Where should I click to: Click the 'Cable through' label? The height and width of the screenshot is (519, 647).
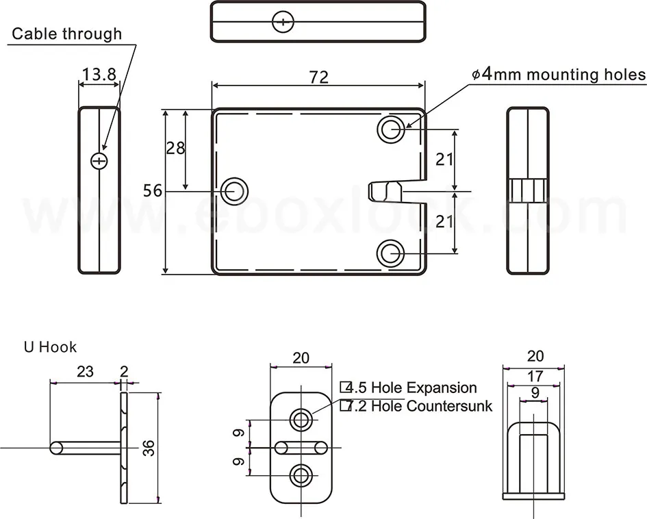coord(67,34)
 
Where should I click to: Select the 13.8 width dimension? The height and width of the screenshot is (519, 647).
coord(99,75)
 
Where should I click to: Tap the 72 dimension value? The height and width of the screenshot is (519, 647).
coord(318,77)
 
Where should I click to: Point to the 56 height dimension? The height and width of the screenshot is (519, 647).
coord(153,190)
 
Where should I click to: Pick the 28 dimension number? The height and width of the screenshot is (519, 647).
coord(176,147)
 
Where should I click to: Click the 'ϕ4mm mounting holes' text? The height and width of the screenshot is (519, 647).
coord(559,74)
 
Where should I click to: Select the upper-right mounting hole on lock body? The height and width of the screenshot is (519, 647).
coord(391,129)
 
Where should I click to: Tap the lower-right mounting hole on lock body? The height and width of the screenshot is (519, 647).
coord(391,253)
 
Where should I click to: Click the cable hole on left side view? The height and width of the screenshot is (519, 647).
coord(100,160)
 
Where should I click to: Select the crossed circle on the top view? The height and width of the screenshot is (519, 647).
coord(282,22)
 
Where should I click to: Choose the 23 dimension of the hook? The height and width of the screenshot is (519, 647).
coord(84,372)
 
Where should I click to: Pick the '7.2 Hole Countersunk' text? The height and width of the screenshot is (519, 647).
coord(416,406)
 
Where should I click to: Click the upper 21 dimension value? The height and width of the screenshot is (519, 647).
coord(445,159)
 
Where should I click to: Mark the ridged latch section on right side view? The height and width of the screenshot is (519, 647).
coord(527,190)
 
